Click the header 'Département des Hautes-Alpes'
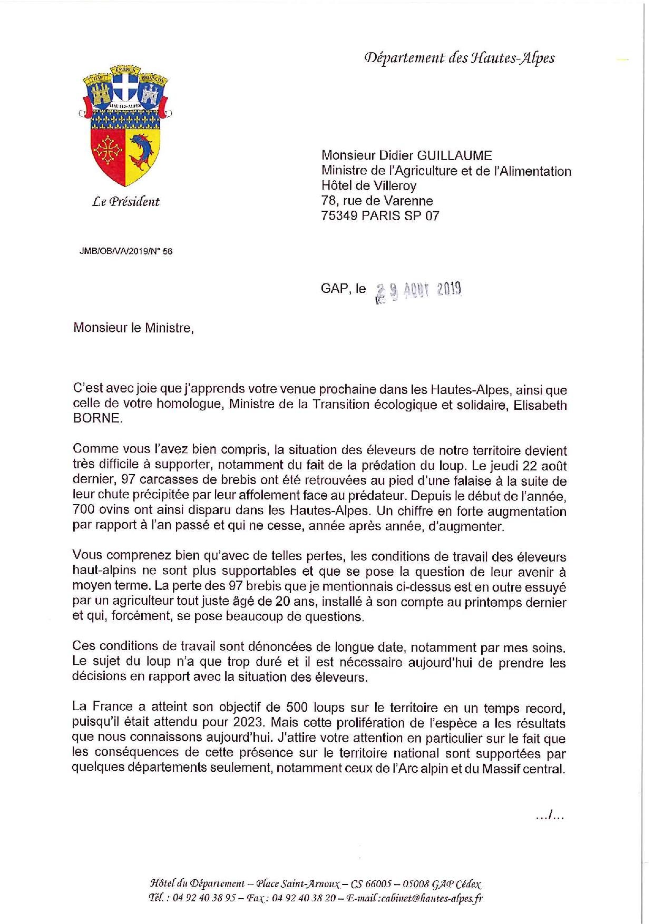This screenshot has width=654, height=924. (x=459, y=58)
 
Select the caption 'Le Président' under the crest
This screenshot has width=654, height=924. (x=126, y=201)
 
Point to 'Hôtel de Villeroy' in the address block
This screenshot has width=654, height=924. (x=369, y=185)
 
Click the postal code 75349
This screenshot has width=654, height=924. (x=339, y=215)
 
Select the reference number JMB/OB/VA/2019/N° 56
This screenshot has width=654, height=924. (x=126, y=251)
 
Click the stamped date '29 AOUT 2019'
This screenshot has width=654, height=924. (x=418, y=290)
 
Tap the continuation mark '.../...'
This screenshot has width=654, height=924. (x=549, y=817)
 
